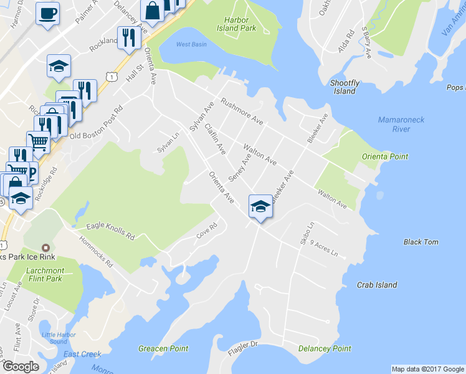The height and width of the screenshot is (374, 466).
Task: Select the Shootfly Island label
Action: (x=345, y=87)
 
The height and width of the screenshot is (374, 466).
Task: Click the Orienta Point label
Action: (x=384, y=156)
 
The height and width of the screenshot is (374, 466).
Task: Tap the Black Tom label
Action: (x=421, y=242)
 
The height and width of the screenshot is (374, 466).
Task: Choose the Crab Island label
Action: (x=376, y=285)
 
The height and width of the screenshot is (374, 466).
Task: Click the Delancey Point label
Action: (x=324, y=348)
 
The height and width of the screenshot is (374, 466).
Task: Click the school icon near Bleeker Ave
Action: (x=260, y=206)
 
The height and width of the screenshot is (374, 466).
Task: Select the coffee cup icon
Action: (x=47, y=14)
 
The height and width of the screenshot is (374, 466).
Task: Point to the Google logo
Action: (x=21, y=367)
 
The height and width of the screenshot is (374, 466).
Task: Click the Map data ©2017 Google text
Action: (x=427, y=368)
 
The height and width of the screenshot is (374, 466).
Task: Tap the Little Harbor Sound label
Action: (x=54, y=338)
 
